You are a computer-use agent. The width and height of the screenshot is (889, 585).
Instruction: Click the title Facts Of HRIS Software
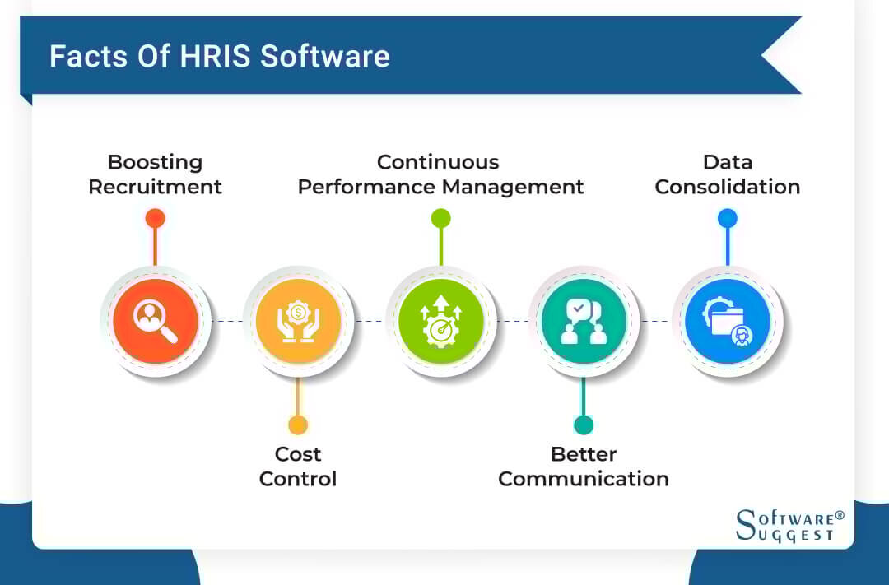pyautogui.click(x=219, y=57)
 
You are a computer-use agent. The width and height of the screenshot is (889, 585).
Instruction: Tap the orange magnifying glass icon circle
pyautogui.click(x=156, y=321)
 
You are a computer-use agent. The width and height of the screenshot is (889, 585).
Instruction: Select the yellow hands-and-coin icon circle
pyautogui.click(x=298, y=321)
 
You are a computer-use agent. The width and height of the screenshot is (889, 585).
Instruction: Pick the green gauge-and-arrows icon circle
pyautogui.click(x=440, y=321)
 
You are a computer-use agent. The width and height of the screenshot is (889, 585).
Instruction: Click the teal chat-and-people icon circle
pyautogui.click(x=584, y=321)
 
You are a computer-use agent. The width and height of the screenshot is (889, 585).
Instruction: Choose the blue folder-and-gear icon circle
pyautogui.click(x=727, y=321)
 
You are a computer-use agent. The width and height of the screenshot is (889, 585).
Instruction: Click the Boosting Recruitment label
pyautogui.click(x=155, y=174)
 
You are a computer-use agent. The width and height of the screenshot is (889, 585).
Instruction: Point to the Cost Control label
pyautogui.click(x=298, y=467)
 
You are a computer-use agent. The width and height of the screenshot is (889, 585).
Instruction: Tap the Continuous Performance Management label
pyautogui.click(x=440, y=174)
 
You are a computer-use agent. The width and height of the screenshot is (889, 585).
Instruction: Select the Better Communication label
pyautogui.click(x=584, y=467)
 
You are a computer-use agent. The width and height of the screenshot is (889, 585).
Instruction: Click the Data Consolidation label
pyautogui.click(x=727, y=174)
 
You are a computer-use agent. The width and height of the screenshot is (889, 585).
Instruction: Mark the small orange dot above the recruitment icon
pyautogui.click(x=155, y=218)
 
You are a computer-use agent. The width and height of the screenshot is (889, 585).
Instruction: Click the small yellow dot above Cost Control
pyautogui.click(x=298, y=425)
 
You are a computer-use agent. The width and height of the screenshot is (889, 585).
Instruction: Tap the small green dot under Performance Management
pyautogui.click(x=440, y=218)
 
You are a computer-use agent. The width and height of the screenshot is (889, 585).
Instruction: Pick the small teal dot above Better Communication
pyautogui.click(x=584, y=425)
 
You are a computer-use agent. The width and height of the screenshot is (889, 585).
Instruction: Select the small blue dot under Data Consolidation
pyautogui.click(x=727, y=218)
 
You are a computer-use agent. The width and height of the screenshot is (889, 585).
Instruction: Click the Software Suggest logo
pyautogui.click(x=789, y=526)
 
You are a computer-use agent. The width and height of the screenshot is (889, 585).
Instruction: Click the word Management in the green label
pyautogui.click(x=513, y=187)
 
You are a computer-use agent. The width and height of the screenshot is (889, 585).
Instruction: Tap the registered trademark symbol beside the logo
pyautogui.click(x=840, y=515)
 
